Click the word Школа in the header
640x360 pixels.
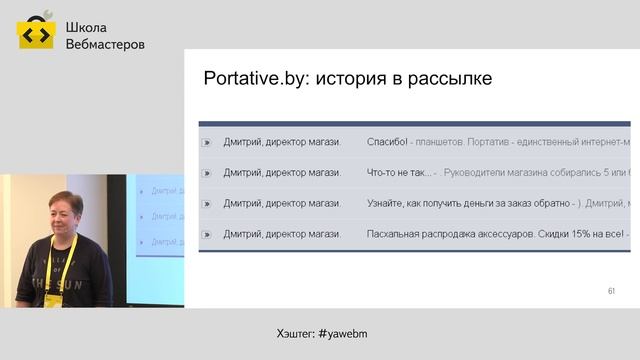coord(86,27)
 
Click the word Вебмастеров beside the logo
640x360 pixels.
coord(104,44)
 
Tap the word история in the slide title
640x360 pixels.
coord(354,79)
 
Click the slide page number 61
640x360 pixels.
coord(611,291)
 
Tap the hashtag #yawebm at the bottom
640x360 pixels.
coord(349,332)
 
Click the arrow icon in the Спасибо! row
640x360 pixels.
coord(207,143)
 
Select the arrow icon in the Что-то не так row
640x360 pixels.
coord(207,173)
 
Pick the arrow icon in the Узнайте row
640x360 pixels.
coord(207,204)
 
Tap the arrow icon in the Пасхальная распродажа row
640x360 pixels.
coord(207,235)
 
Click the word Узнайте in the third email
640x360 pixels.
coord(391,204)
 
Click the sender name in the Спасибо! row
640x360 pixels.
coord(282,142)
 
